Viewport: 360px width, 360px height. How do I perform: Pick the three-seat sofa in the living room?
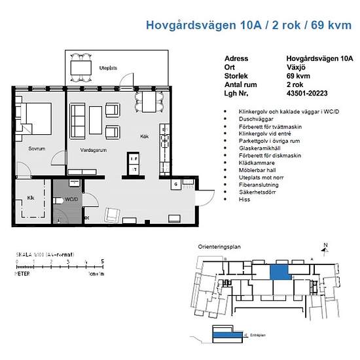pos(77,118)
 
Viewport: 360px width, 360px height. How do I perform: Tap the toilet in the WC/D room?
pos(62,214)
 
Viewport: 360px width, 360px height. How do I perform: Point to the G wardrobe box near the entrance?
pos(176,185)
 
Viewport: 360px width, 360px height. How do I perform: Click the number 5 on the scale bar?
pos(102,261)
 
